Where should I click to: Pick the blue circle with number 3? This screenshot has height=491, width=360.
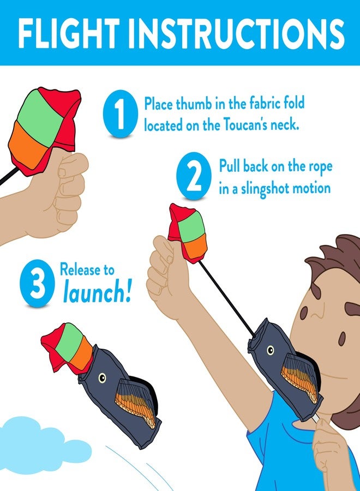click(x=37, y=284)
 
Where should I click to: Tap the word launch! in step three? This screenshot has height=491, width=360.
click(x=97, y=294)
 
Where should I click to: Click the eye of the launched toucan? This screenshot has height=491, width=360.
click(x=102, y=378)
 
